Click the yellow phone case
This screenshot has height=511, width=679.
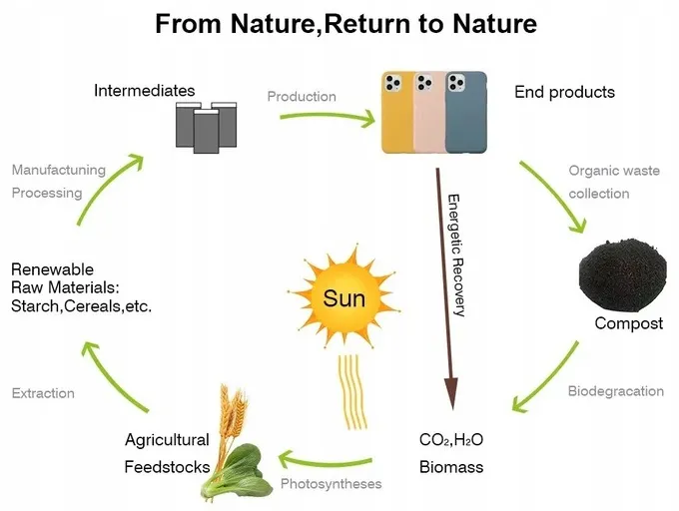tap(397, 113)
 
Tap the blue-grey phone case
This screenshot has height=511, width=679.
tap(466, 113)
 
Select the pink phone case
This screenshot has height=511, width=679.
tap(429, 113)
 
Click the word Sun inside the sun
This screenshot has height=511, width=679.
tap(343, 298)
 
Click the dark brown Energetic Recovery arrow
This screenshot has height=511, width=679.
tap(445, 288)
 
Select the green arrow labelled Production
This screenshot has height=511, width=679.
tap(328, 117)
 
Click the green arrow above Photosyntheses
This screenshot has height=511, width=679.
tap(324, 460)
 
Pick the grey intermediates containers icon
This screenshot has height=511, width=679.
tap(206, 127)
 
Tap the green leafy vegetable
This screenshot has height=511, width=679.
tap(238, 473)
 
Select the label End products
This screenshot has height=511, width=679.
tap(564, 92)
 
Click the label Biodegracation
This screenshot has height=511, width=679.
tap(615, 391)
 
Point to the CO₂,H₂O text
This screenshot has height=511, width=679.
tap(451, 439)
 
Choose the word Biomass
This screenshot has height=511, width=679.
tap(451, 467)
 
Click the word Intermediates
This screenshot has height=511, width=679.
tap(144, 91)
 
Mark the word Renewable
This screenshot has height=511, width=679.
tap(52, 269)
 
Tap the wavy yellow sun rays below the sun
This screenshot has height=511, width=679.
tap(351, 392)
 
